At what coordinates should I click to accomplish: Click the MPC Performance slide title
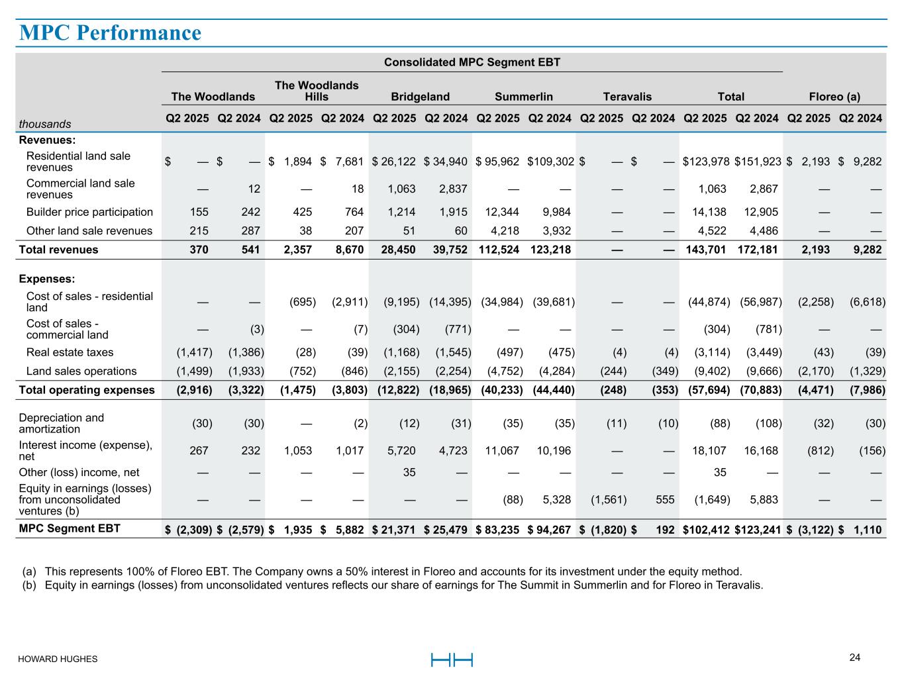(x=110, y=32)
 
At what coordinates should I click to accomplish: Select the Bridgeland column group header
(x=421, y=97)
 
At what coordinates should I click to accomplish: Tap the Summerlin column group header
(x=524, y=97)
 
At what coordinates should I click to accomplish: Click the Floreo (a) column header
(x=834, y=97)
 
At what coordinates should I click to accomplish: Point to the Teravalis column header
(x=627, y=97)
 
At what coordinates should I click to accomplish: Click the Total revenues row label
(x=58, y=250)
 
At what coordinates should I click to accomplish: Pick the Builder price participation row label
(x=89, y=212)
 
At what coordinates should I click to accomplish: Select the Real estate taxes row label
(x=70, y=352)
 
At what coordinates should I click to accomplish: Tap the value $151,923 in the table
(x=758, y=162)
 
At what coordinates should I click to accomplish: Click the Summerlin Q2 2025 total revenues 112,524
(x=497, y=250)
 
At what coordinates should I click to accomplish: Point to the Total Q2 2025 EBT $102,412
(x=707, y=530)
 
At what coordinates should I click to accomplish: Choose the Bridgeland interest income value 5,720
(x=402, y=451)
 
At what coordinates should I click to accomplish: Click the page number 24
(x=855, y=657)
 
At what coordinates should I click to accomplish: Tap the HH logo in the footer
(x=452, y=659)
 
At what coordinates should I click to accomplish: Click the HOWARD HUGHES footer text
(x=58, y=659)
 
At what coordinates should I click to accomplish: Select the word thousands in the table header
(x=45, y=124)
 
